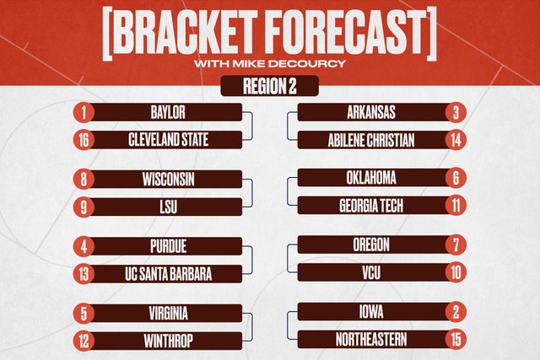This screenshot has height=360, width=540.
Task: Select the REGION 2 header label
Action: [x=270, y=86]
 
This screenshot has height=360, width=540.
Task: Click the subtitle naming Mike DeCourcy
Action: [x=270, y=64]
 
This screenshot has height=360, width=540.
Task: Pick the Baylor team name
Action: [x=168, y=112]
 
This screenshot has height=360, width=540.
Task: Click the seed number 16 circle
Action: [x=84, y=140]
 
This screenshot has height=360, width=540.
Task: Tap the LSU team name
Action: [x=169, y=207]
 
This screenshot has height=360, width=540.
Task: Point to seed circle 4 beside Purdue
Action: [x=84, y=246]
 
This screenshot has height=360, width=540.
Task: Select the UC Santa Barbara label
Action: [x=168, y=274]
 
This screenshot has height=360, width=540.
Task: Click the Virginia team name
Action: [x=169, y=314]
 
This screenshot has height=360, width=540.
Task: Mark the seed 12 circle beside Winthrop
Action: [x=84, y=341]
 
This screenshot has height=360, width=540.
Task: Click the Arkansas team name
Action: [x=371, y=112]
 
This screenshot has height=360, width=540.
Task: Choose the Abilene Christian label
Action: [x=371, y=140]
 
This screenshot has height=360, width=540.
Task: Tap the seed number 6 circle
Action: [x=456, y=178]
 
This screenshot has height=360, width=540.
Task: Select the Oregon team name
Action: [x=371, y=244]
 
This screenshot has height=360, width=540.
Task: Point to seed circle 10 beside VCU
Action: [x=456, y=272]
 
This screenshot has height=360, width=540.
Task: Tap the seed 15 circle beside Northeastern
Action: [x=456, y=340]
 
